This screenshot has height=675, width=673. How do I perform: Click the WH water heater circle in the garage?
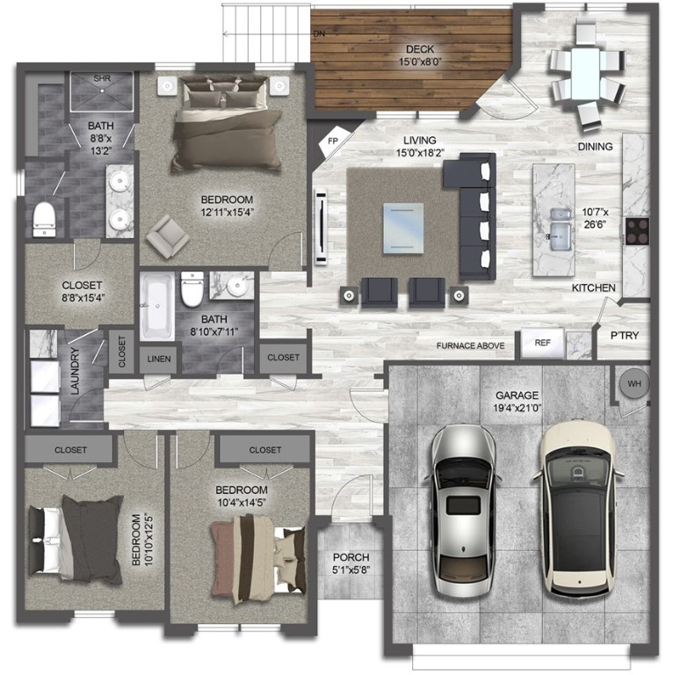click(x=633, y=383)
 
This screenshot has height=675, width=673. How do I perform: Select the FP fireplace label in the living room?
click(x=334, y=141)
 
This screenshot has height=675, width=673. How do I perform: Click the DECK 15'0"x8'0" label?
click(x=419, y=55)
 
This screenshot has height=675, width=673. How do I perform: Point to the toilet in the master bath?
click(x=44, y=218)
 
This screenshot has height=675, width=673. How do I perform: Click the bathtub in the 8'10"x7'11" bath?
click(x=157, y=308)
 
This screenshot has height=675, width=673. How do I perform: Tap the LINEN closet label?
click(x=159, y=359)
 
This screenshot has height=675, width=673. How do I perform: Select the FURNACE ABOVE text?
click(x=470, y=346)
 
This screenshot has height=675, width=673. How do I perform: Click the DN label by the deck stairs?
click(x=319, y=35)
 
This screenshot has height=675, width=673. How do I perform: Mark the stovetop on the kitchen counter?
click(x=637, y=230)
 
